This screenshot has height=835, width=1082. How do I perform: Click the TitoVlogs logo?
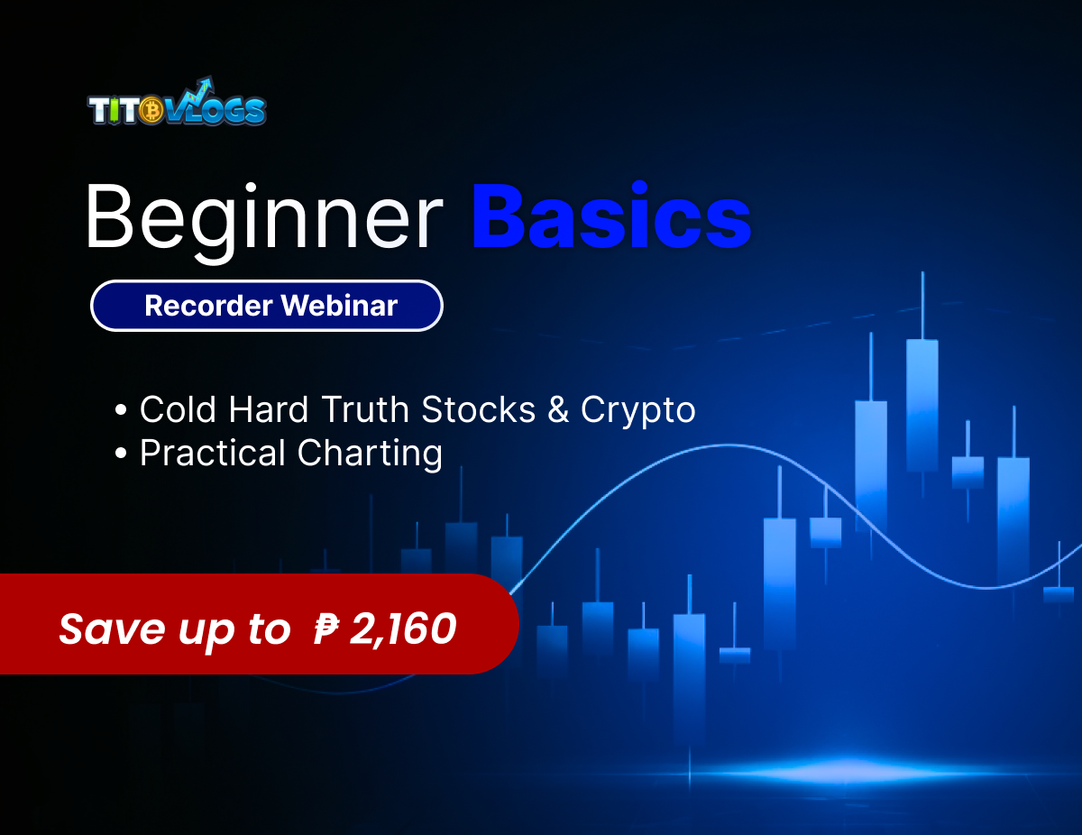177,104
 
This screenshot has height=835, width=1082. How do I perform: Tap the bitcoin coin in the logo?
151,111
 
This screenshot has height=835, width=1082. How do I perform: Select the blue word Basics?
611,217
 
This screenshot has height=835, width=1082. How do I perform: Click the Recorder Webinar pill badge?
267,306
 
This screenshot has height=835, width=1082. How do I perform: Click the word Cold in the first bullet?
179,410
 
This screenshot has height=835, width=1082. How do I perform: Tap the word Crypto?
638,410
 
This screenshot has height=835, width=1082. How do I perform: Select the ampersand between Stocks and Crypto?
558,410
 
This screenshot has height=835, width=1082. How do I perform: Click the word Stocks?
479,410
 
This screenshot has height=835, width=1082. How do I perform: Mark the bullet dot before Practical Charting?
122,454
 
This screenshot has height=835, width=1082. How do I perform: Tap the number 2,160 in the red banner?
402,628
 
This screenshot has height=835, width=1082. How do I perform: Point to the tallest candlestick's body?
922,405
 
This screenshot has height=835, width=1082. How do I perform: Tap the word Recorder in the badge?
207,306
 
